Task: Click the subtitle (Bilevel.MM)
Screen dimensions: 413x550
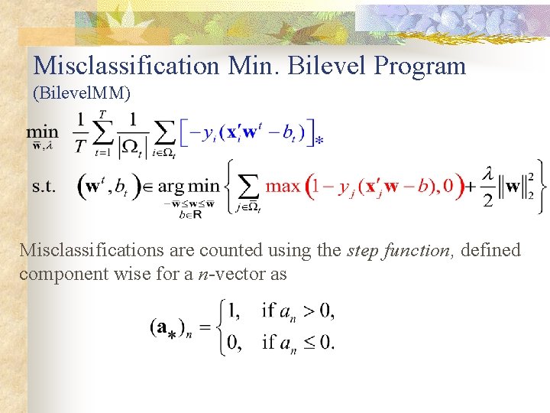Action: coord(82,93)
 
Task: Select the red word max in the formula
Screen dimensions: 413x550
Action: coord(283,186)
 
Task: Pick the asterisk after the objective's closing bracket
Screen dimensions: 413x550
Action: coord(319,141)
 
